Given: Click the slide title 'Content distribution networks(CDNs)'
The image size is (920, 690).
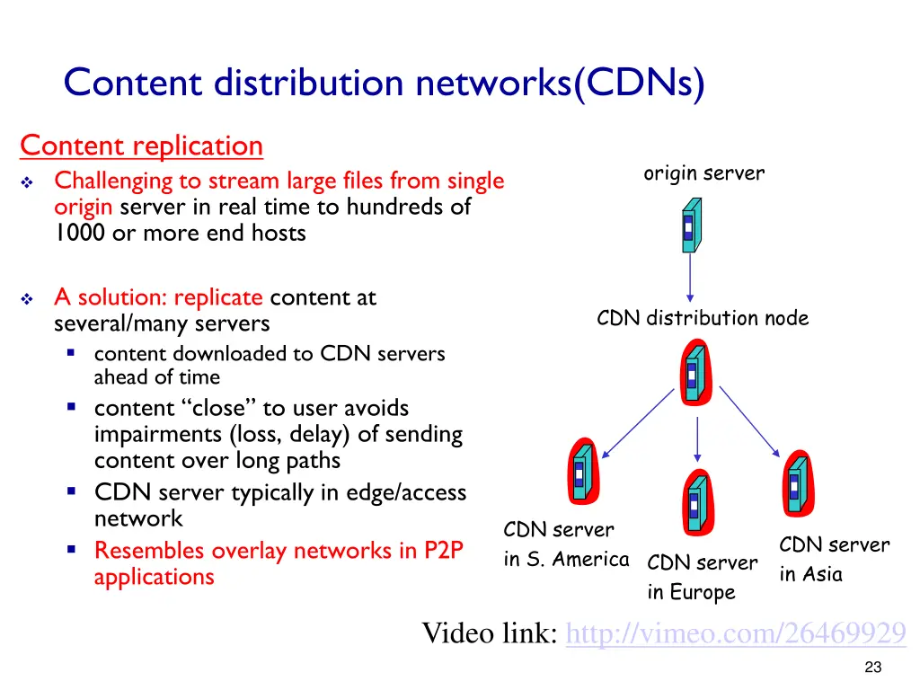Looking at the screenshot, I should tap(384, 84).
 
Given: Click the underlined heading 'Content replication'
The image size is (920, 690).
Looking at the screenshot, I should tap(141, 146).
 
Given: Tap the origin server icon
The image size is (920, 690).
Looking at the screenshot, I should tap(690, 226).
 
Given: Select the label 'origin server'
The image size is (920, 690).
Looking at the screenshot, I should tap(703, 173).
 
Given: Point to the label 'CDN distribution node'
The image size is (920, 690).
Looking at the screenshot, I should tap(703, 318).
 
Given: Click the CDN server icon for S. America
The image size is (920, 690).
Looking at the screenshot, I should tap(580, 473).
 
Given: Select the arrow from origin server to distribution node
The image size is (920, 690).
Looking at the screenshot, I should tap(690, 277).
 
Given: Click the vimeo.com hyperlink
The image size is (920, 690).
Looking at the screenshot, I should tap(736, 634).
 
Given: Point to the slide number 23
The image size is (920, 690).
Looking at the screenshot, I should tap(871, 668).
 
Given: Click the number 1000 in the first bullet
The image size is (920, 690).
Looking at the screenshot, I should tap(77, 234).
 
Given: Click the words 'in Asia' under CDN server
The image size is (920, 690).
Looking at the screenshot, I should tap(810, 574).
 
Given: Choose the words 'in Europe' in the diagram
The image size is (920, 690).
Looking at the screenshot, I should tap(691, 593).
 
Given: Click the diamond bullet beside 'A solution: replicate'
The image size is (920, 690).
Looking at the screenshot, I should tap(27, 298).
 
